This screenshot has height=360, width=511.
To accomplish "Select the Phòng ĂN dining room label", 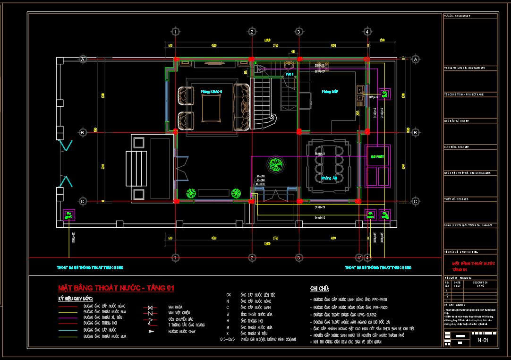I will [329, 178].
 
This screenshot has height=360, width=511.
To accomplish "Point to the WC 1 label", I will [290, 74].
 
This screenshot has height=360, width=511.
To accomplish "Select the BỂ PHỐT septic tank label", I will [377, 155].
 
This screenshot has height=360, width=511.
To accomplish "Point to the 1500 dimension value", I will [382, 40].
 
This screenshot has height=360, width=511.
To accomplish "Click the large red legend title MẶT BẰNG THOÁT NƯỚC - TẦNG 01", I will [116, 288].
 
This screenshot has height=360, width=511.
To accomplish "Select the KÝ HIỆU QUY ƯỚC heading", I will [76, 299].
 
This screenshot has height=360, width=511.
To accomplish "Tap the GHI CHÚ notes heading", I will [319, 289].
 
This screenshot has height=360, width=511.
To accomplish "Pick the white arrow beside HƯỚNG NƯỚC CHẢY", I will [150, 332].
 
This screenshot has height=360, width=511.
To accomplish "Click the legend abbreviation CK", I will [228, 295].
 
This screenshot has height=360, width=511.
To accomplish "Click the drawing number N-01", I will [482, 340].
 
